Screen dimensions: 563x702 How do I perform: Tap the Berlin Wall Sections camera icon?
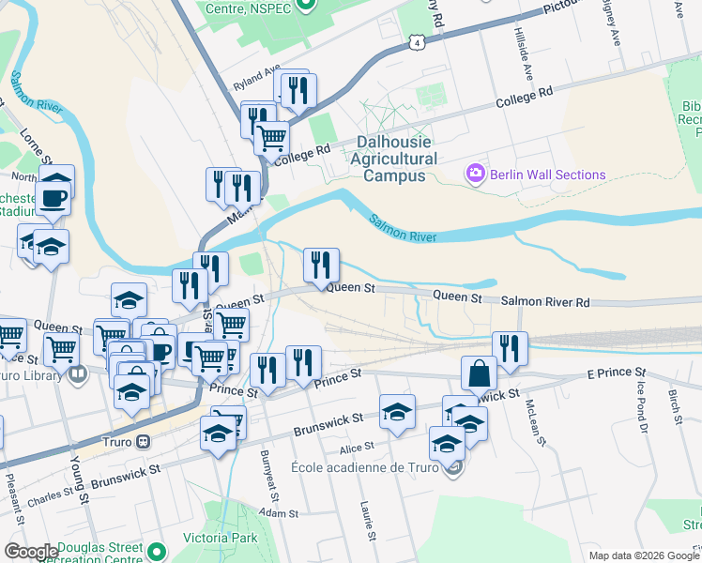pos(476,174)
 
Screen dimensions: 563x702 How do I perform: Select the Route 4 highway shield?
pos(416,42)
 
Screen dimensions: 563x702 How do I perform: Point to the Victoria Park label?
pos(221,540)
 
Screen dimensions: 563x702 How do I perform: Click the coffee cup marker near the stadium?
pos(53,198)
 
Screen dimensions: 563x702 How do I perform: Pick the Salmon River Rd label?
pos(544,301)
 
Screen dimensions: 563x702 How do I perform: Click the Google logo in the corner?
pos(30,552)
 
